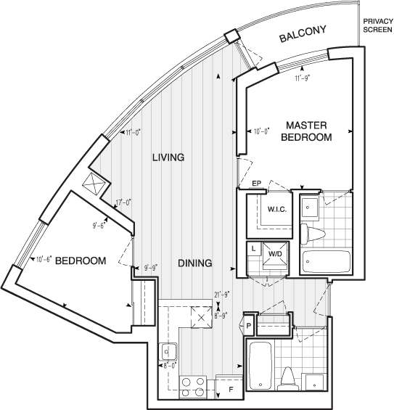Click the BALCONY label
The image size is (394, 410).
pyautogui.click(x=303, y=33)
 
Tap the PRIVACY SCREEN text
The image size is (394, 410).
pyautogui.click(x=378, y=25)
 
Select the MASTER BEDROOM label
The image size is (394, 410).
pyautogui.click(x=306, y=131)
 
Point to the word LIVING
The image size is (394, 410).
pyautogui.click(x=168, y=157)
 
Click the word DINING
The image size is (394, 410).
pyautogui.click(x=194, y=263)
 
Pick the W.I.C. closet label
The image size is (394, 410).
pyautogui.click(x=277, y=209)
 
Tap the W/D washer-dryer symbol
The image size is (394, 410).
pyautogui.click(x=276, y=254)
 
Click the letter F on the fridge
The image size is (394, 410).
pyautogui.click(x=231, y=390)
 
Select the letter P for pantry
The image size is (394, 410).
pyautogui.click(x=249, y=326)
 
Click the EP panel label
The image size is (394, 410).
pyautogui.click(x=256, y=184)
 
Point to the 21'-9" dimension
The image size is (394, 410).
pyautogui.click(x=222, y=295)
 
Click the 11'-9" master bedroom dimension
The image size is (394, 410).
pyautogui.click(x=302, y=78)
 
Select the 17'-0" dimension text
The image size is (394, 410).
pyautogui.click(x=123, y=202)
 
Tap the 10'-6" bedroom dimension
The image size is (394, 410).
pyautogui.click(x=44, y=259)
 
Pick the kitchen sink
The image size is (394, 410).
pyautogui.click(x=168, y=352)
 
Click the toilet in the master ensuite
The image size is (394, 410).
pyautogui.click(x=312, y=234)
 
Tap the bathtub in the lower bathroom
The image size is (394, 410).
pyautogui.click(x=260, y=366)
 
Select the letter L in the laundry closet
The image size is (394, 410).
pyautogui.click(x=253, y=249)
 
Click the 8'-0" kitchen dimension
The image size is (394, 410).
pyautogui.click(x=171, y=366)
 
